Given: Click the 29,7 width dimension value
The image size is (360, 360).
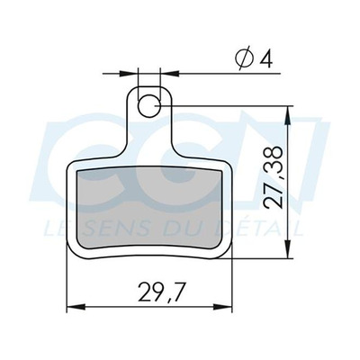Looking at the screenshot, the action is coord(160,292).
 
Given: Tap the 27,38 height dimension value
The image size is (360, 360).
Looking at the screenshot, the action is coord(274,177).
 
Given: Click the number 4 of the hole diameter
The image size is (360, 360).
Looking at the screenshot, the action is coord(266,59).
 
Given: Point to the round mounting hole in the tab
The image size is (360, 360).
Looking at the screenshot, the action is coord(149,106).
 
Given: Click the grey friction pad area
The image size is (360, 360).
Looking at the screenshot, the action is coord(150,207).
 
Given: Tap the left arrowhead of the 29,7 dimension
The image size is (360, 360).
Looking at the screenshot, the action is coord(76,307).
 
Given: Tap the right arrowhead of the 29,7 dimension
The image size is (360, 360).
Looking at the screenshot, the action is coord(223,307).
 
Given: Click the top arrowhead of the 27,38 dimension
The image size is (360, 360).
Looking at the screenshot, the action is coord(289,114).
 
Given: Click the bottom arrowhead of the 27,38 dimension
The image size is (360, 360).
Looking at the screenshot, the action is coord(289,249).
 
